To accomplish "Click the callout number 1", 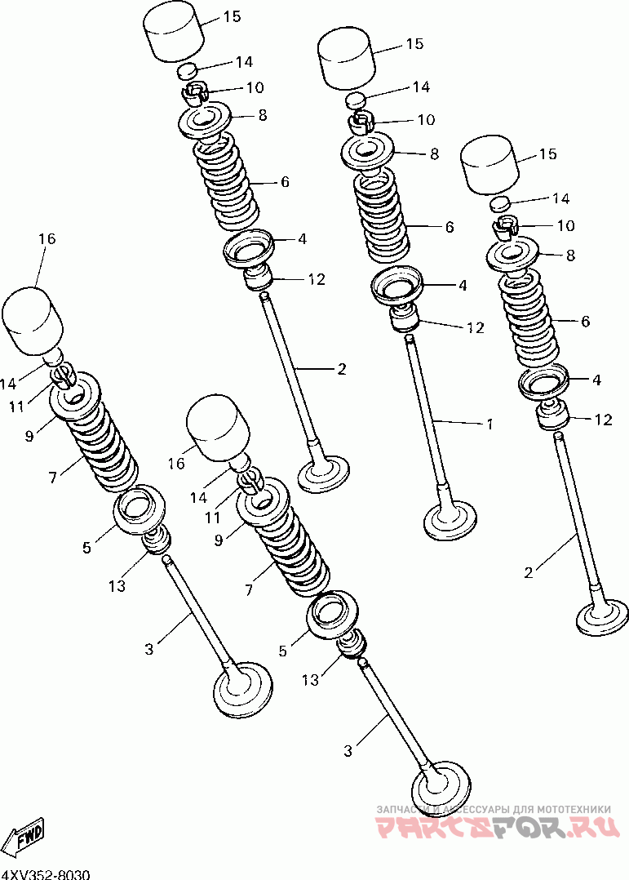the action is click(489, 424).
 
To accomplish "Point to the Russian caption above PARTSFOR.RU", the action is click(494, 809).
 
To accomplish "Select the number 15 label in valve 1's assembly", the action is click(414, 44).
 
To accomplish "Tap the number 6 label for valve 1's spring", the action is click(450, 227).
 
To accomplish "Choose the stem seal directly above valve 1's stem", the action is click(404, 317).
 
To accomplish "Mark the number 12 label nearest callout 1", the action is click(475, 327).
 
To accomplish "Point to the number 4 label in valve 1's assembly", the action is click(463, 286).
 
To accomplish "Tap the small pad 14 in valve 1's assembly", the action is click(356, 100).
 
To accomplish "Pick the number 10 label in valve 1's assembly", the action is click(426, 120).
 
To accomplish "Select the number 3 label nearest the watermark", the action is click(348, 750).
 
